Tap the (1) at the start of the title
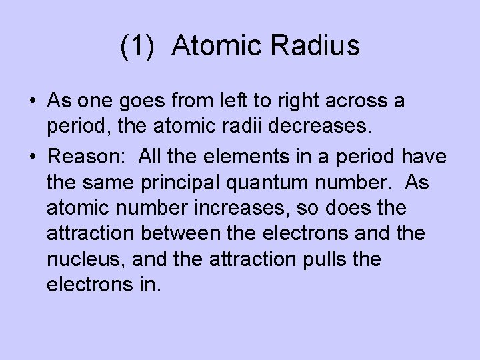[x=137, y=47]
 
